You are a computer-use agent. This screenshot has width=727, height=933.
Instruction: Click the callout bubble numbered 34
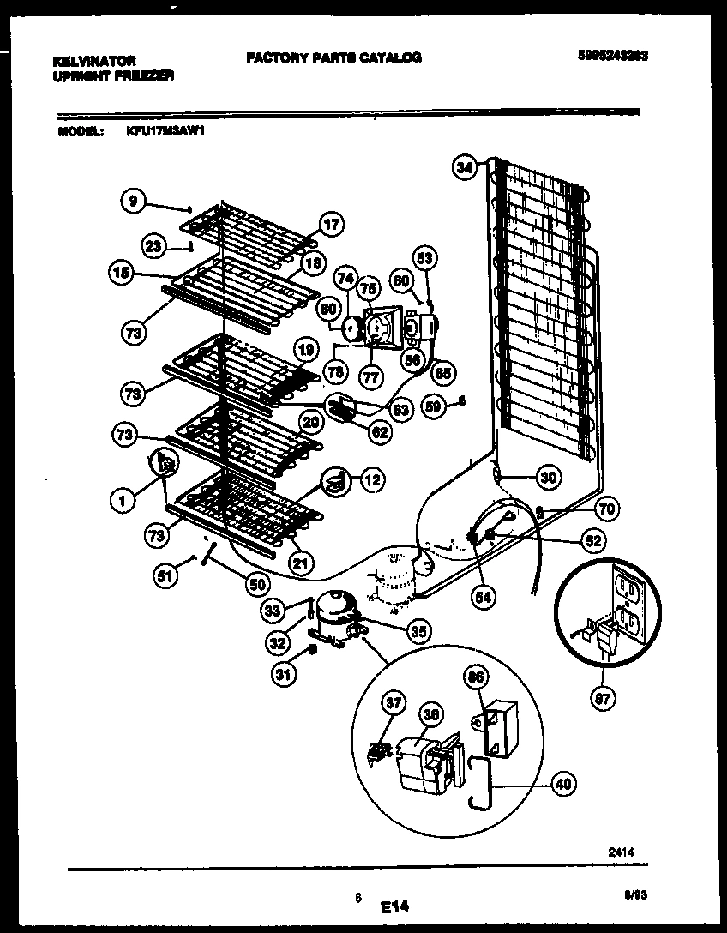point(465,170)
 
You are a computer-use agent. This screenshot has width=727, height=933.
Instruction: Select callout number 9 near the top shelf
point(132,202)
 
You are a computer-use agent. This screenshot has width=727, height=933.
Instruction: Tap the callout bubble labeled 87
point(603,698)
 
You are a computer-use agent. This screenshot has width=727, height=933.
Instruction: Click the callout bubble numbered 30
point(547,478)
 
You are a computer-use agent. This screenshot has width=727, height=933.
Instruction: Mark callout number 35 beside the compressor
point(418,633)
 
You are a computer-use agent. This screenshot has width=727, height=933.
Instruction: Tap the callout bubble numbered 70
point(606,509)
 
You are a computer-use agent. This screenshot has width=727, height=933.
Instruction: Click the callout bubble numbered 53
point(424,256)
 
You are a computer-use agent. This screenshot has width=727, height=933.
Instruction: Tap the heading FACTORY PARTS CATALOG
point(333,57)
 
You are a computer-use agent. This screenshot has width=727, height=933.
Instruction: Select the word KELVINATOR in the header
point(93,62)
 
